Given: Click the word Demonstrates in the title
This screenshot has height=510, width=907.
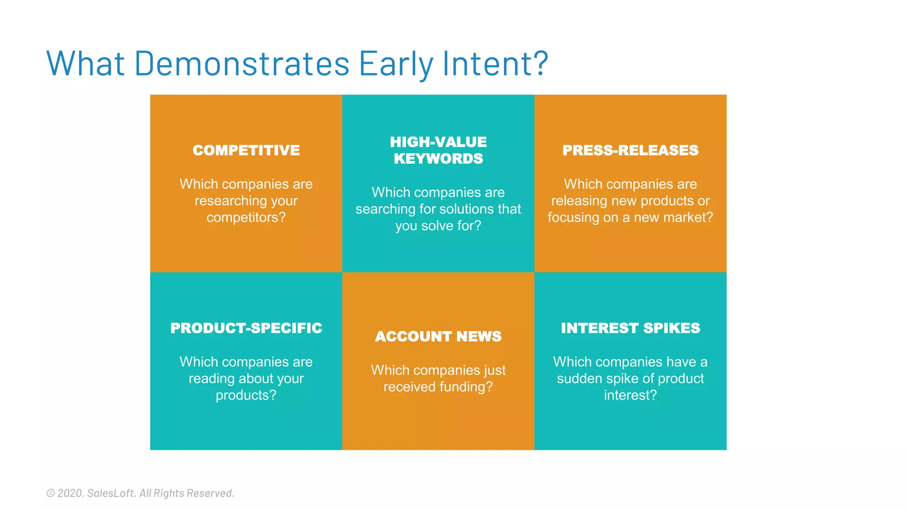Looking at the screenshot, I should tap(242, 64).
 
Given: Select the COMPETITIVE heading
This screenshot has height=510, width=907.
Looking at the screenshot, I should tap(246, 151).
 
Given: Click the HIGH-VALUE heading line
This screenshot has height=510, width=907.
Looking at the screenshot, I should tap(438, 142).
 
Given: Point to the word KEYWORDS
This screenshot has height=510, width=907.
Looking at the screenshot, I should tap(438, 159).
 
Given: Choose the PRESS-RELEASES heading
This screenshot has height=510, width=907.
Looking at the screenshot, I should tap(630, 151).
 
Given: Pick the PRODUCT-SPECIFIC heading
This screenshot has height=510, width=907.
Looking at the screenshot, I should tap(246, 328).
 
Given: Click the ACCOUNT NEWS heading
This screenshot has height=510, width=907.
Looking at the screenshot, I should tap(438, 336).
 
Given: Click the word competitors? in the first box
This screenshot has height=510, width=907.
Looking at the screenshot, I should tap(246, 217).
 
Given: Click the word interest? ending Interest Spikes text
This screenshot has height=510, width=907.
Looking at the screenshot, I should tap(630, 395).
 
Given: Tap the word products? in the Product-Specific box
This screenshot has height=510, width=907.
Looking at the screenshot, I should tap(246, 395).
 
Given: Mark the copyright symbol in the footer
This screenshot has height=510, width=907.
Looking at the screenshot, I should tap(50, 493).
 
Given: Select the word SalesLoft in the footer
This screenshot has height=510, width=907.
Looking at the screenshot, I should tap(111, 493).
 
